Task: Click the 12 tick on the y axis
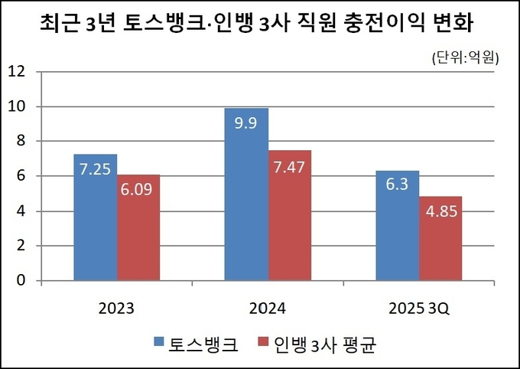pyautogui.click(x=17, y=72)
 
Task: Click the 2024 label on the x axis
pyautogui.click(x=268, y=309)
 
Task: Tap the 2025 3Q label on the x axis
pyautogui.click(x=419, y=309)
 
